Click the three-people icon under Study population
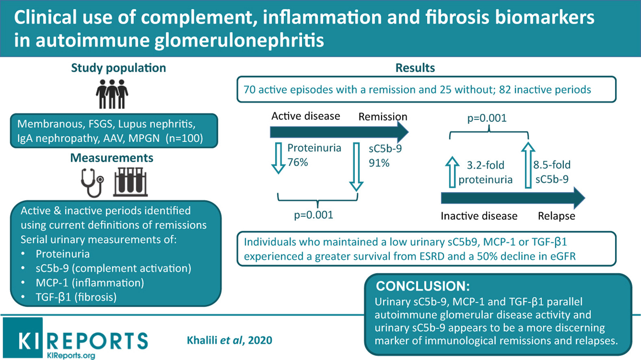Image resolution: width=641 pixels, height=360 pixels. coord(112,94)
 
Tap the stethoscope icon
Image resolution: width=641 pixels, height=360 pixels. coord(92,183)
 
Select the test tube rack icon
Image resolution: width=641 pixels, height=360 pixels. coord(130,182)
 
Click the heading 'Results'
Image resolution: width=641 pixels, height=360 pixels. coord(415,68)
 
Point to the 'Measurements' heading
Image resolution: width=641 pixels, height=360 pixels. coord(112,158)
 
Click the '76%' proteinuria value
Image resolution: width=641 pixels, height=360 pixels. coord(298,162)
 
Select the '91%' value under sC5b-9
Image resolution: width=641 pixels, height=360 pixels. coord(379,163)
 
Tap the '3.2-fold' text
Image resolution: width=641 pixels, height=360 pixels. coord(486,165)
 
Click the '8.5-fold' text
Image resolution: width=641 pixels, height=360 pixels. coord(552,165)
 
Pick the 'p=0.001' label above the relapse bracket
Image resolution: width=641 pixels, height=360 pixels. coord(487,118)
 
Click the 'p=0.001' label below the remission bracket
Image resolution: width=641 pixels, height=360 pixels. coord(314,215)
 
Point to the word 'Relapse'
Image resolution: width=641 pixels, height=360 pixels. coord(556,216)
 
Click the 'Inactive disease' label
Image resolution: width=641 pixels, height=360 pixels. coord(479,216)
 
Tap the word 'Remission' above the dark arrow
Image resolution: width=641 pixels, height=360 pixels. coord(383,117)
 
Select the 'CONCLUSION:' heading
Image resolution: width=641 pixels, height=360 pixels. coord(423,286)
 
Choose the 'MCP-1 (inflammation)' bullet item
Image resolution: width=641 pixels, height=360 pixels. coord(90,283)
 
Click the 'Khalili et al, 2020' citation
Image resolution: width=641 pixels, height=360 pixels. coord(230,340)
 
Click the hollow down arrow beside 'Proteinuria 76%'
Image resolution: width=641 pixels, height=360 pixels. coord(278,158)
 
